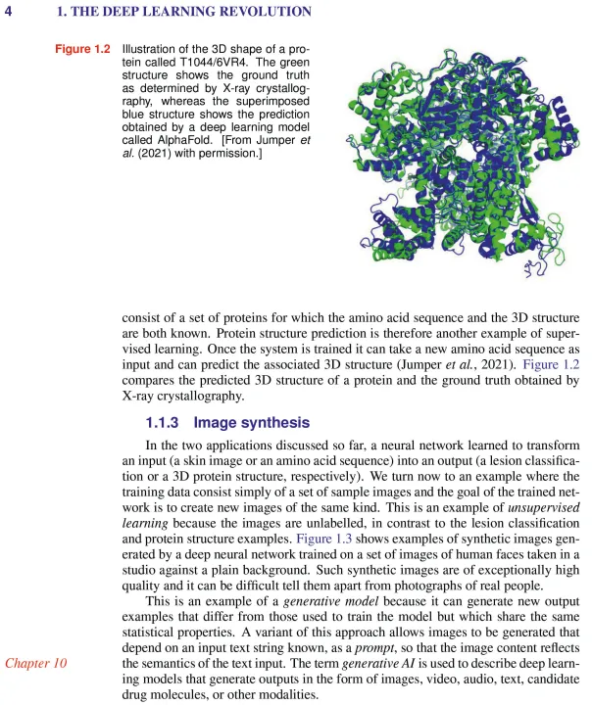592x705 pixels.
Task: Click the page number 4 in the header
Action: pyautogui.click(x=8, y=13)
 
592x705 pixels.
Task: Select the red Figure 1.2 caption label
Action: pyautogui.click(x=81, y=50)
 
